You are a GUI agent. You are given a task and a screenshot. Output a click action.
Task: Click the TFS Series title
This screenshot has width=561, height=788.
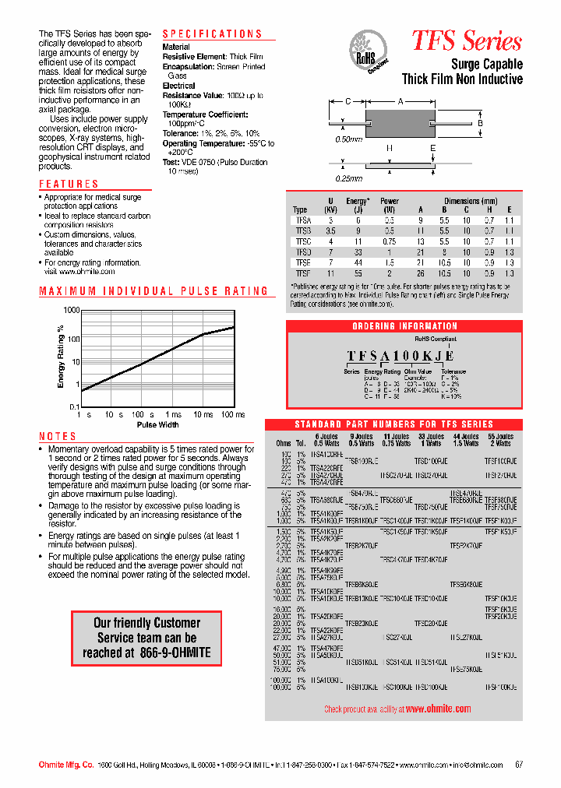coord(466,40)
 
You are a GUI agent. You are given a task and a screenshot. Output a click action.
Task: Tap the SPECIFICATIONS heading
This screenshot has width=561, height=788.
coord(212,34)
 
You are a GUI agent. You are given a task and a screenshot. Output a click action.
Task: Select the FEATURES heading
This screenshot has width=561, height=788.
coord(69,185)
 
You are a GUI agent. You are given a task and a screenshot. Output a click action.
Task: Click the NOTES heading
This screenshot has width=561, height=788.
coord(58,437)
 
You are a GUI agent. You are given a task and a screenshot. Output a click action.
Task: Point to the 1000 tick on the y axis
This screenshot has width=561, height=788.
coord(72,311)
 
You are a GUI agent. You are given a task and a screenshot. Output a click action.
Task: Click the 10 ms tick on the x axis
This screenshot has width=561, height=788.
coord(203,415)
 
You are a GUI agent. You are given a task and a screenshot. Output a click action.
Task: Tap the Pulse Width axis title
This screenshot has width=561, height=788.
coord(158,425)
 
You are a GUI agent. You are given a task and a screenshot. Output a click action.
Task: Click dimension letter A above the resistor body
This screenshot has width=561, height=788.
coord(400,101)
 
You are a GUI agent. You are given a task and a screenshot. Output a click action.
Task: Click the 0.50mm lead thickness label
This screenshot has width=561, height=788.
coord(348,139)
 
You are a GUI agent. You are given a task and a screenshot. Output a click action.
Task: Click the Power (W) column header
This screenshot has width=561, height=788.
coord(389,205)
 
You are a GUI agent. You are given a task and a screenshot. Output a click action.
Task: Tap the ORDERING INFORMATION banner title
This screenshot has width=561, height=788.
coord(404,326)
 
